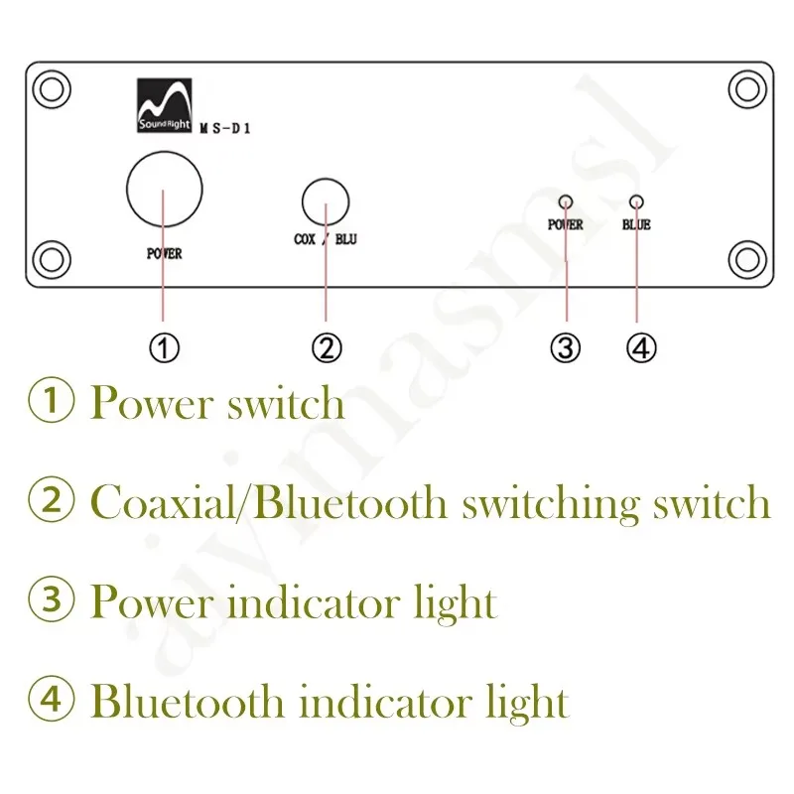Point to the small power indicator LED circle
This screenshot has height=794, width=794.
point(565,200)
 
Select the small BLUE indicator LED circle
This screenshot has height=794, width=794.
point(636,200)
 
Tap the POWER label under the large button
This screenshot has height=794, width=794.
point(164,254)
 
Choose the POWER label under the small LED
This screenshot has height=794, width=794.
point(565,225)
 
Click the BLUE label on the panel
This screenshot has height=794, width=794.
point(636,225)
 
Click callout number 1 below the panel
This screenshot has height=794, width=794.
point(164,348)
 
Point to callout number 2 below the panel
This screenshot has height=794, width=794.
point(327,348)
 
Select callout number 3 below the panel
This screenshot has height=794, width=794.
point(565,348)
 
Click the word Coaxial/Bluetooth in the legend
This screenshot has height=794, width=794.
point(269,502)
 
